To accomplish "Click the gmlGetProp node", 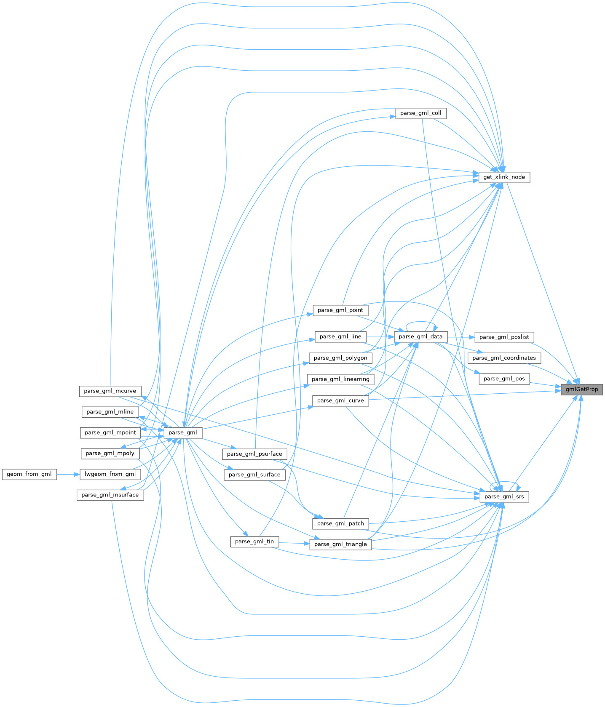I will [582, 390].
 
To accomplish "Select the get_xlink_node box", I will [504, 177].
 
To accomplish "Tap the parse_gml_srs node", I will [504, 497].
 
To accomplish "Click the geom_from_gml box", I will [29, 474].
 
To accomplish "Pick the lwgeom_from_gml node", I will [110, 474].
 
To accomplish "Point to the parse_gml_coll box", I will [420, 113].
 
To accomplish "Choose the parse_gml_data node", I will [420, 336].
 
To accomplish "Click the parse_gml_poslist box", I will [504, 337].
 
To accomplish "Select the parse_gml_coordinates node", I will [504, 358].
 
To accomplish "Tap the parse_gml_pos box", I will [504, 379].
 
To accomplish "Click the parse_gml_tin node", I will [254, 542].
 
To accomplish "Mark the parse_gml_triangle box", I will [340, 544].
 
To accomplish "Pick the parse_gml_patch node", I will [340, 523].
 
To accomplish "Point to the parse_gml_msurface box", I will [110, 495].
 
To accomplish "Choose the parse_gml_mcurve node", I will [110, 391].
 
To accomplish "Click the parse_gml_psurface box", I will [254, 454].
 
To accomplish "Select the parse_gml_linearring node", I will [340, 379].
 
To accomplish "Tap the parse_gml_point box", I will [340, 310].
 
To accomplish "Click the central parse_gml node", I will [182, 432].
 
